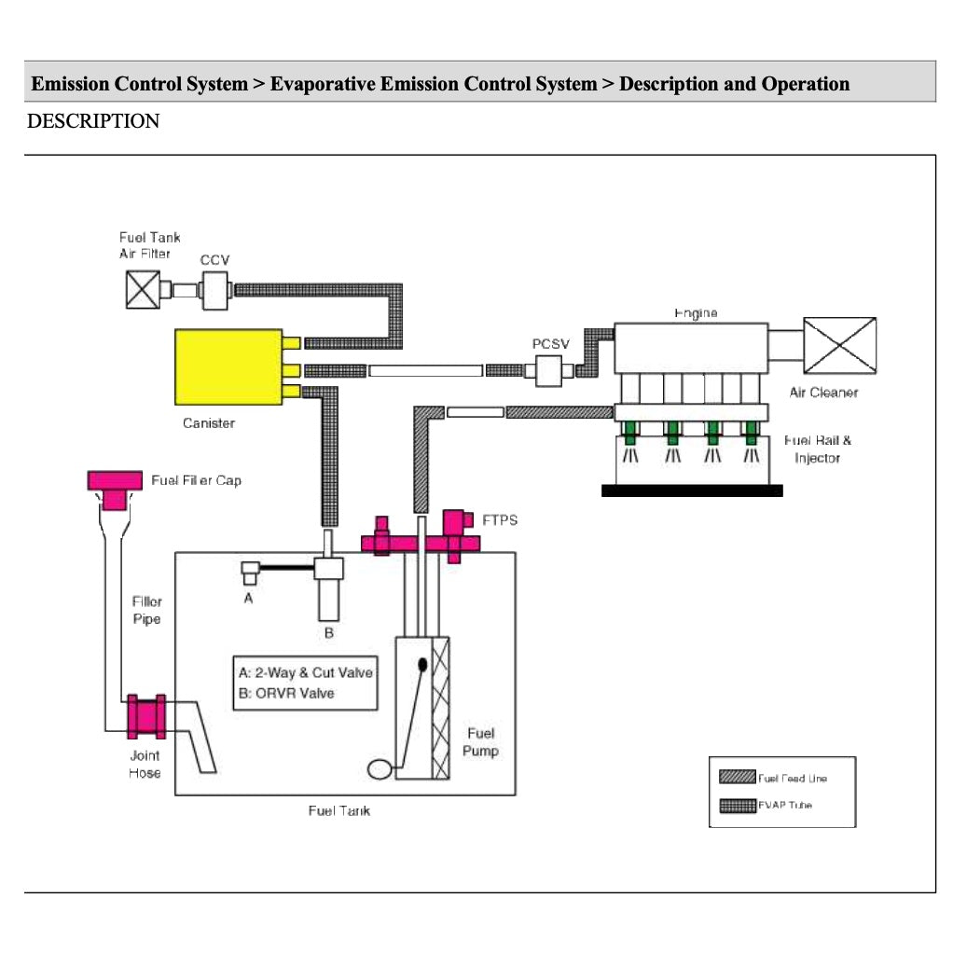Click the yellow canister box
(x=228, y=366)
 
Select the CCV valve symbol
(x=215, y=288)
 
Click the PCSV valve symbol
(x=550, y=370)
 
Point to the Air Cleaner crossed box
(x=839, y=345)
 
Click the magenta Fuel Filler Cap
(x=114, y=484)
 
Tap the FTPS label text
(x=500, y=519)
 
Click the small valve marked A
(x=249, y=571)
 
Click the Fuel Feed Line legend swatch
(x=737, y=778)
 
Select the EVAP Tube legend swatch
(x=737, y=805)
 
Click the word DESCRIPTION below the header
(x=93, y=121)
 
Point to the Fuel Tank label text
(x=339, y=810)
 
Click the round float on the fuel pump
(x=380, y=769)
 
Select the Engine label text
(x=696, y=313)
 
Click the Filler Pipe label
(x=146, y=610)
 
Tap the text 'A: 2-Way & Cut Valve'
(x=305, y=672)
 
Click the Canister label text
(x=209, y=423)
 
